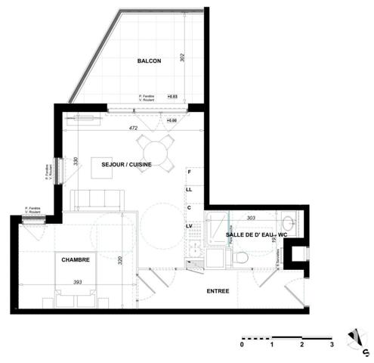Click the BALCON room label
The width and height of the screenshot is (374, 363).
(149, 61)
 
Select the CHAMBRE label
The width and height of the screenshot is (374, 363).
(76, 259)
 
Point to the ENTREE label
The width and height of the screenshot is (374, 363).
(219, 290)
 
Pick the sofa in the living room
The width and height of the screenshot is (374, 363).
(97, 200)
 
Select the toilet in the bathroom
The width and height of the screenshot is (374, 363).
(241, 258)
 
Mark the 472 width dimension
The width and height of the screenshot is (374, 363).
(133, 129)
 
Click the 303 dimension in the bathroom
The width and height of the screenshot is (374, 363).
(251, 217)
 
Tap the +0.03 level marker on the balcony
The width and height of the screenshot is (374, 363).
(172, 97)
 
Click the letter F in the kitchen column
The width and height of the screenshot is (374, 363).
(189, 172)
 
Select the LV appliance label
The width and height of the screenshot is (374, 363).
(190, 226)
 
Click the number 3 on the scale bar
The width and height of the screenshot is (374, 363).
(332, 344)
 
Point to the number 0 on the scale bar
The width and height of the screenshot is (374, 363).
(242, 344)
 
